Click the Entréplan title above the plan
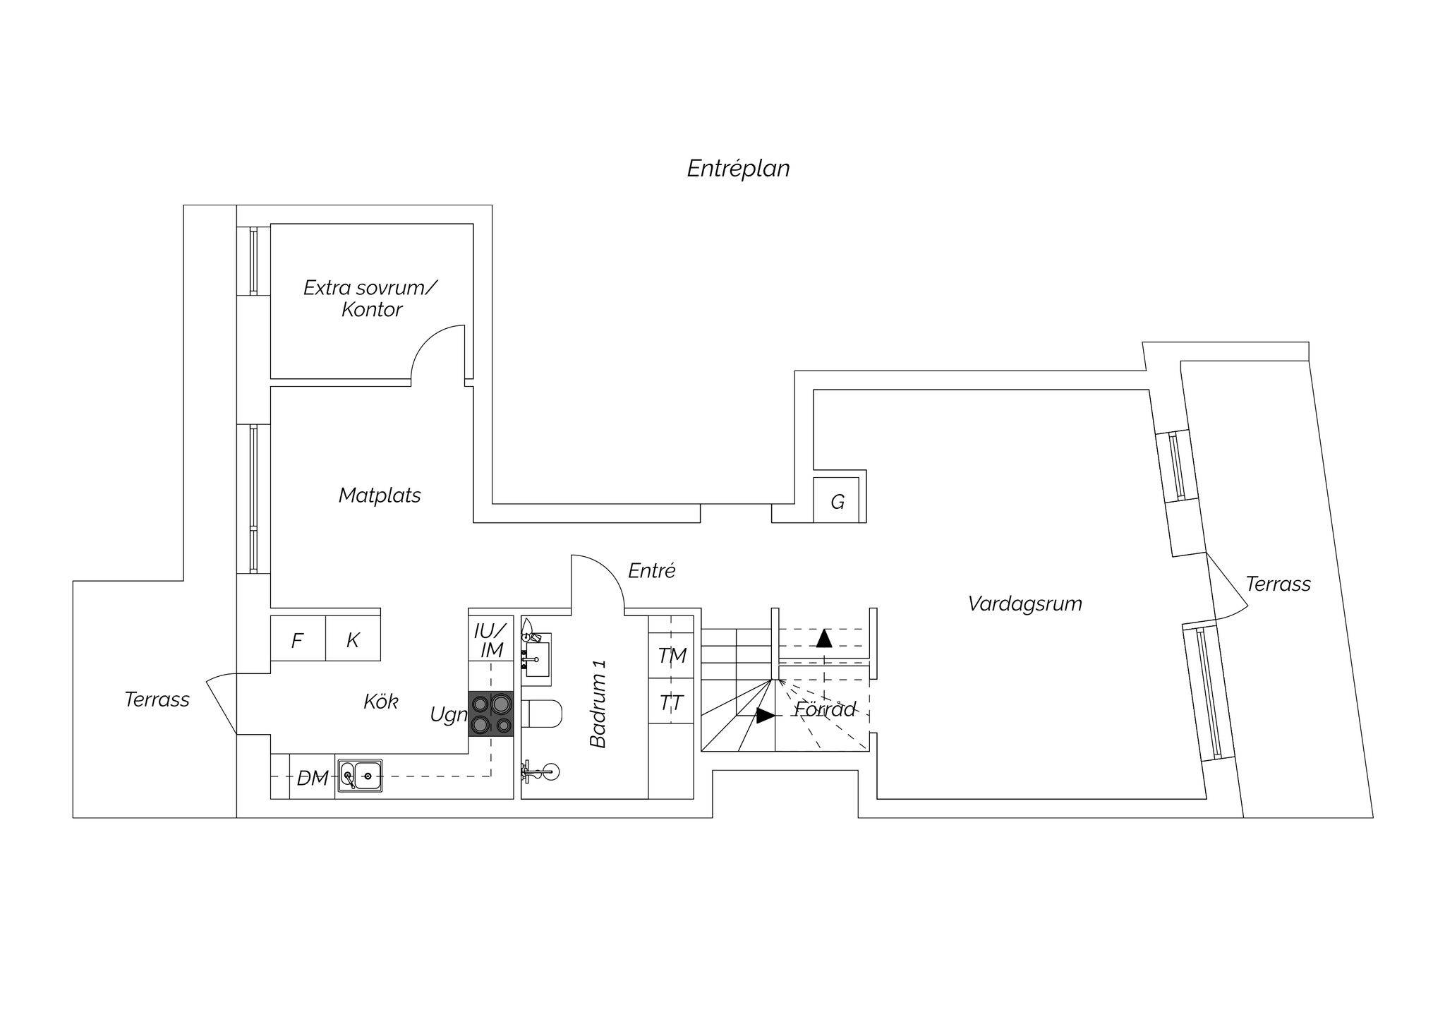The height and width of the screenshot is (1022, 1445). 738,169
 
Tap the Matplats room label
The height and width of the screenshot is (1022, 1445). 380,495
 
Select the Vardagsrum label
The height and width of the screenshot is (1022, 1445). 1024,604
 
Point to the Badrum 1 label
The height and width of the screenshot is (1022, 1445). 598,704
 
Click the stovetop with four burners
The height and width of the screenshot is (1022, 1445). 491,713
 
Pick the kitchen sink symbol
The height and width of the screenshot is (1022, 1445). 360,776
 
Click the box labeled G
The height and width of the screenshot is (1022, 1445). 837,500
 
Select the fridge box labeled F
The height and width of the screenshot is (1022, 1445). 298,639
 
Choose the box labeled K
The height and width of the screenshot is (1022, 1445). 353,639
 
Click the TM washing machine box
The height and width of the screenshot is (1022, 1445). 671,655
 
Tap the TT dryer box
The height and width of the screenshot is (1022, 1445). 671,702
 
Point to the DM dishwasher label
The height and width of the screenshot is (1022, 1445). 313,778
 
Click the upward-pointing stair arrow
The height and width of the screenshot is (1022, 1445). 824,639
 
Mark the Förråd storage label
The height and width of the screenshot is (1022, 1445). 826,709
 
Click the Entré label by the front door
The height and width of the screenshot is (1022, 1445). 652,571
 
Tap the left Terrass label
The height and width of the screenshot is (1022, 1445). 157,699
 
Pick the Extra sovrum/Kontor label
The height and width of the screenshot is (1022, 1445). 370,299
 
